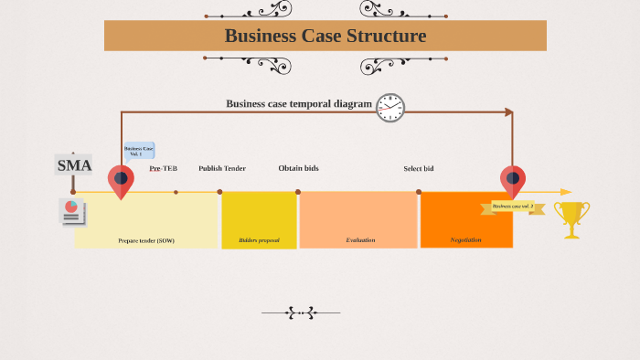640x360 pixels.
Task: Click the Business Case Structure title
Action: tap(325, 37)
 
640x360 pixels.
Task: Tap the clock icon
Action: tap(390, 108)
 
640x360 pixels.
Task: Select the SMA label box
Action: tap(74, 165)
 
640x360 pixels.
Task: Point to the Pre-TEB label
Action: tap(164, 168)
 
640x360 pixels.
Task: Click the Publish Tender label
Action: tap(222, 168)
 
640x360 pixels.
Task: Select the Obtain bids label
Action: tap(298, 168)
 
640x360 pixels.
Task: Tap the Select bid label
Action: tap(419, 168)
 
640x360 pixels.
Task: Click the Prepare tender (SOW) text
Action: tap(146, 240)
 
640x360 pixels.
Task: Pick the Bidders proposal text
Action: tap(259, 240)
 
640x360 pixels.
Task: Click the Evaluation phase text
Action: tap(360, 240)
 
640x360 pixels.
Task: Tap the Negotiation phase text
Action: tap(466, 240)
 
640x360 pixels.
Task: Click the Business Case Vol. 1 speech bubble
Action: tap(139, 151)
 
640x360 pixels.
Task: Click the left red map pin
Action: tap(121, 181)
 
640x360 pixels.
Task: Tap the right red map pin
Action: tap(513, 181)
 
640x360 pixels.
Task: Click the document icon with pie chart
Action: tap(72, 212)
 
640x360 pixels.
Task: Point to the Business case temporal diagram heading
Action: tap(299, 104)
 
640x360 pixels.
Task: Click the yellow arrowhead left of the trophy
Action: tap(565, 192)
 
